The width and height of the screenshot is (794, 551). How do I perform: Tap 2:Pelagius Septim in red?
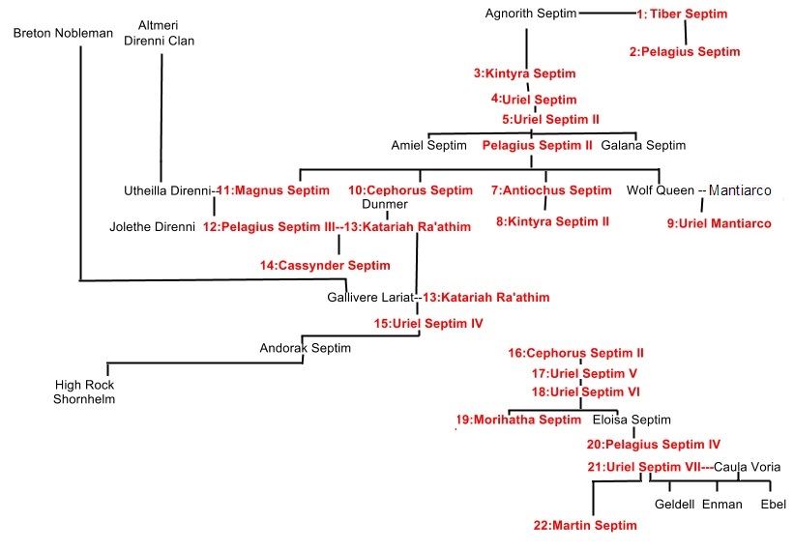tap(684, 52)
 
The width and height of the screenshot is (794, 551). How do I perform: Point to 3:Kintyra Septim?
tap(524, 73)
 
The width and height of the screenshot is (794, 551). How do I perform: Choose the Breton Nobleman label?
tap(64, 34)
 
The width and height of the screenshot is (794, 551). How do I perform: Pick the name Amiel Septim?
tap(428, 146)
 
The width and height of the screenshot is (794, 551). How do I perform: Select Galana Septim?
tap(643, 146)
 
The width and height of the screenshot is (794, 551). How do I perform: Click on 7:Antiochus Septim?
tap(550, 190)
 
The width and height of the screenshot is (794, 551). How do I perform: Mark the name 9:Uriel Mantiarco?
tap(719, 224)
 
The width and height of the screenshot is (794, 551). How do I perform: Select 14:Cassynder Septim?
tap(324, 265)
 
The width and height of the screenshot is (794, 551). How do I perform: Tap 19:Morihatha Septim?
tap(518, 420)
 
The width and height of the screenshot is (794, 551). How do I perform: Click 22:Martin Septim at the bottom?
tap(585, 526)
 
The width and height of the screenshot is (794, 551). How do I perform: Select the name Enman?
tap(721, 505)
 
